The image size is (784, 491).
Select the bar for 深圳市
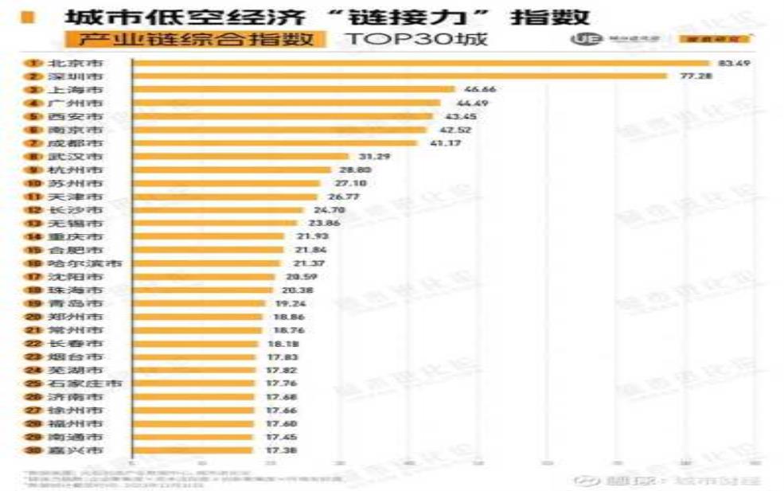[x=399, y=76]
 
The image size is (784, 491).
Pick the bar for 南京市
[x=279, y=130]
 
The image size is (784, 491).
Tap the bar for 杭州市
[x=231, y=170]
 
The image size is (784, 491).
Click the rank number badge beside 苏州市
[x=33, y=184]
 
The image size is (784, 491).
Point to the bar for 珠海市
[x=203, y=290]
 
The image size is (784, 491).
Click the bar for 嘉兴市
[x=191, y=450]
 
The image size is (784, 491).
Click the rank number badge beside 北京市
[x=33, y=63]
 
